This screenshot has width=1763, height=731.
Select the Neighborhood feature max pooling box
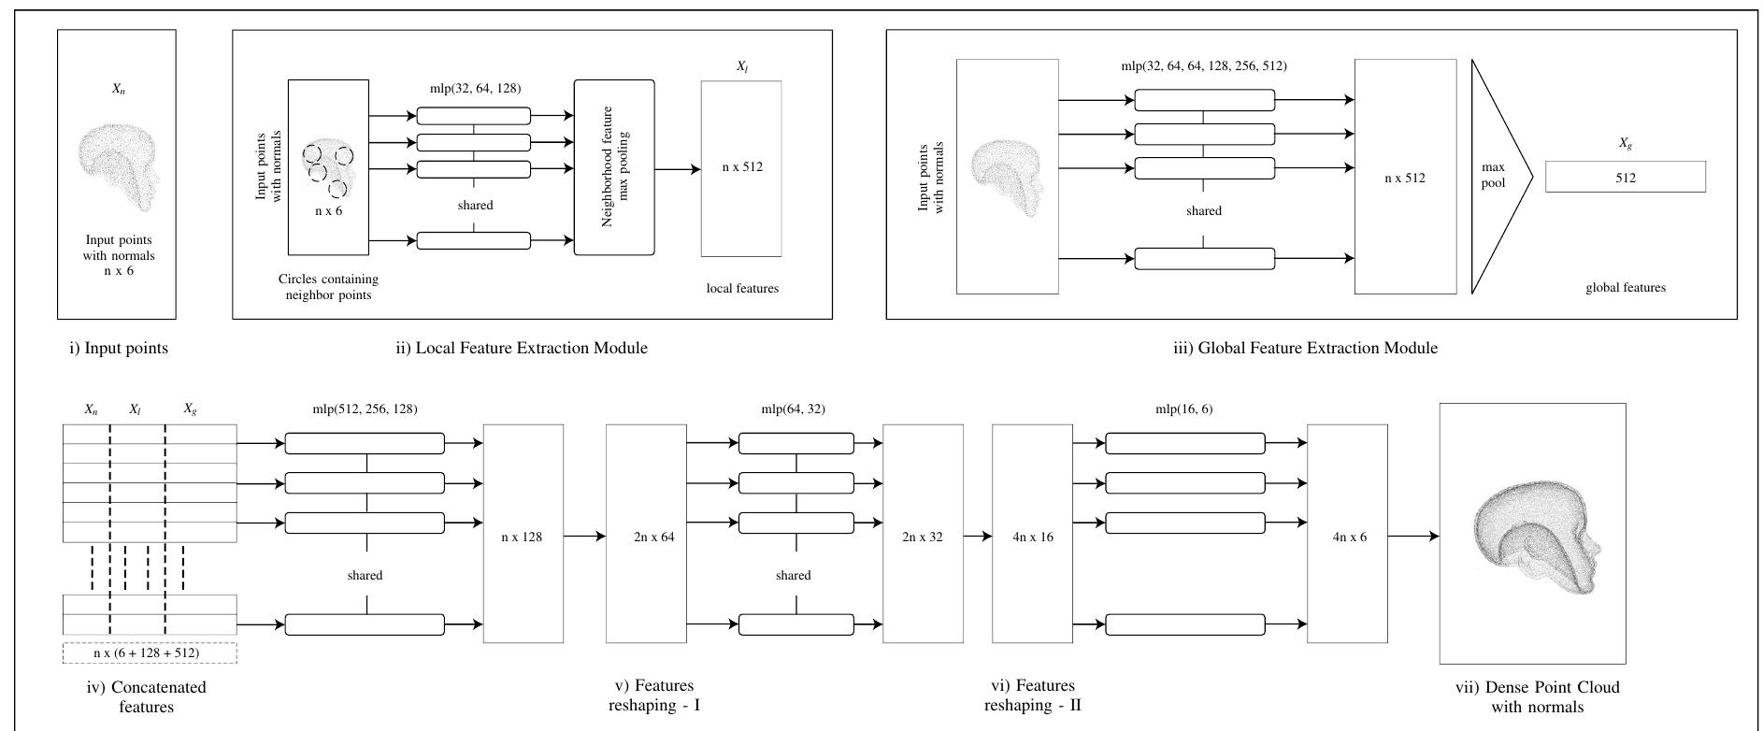pos(613,167)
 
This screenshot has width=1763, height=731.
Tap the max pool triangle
pos(1496,177)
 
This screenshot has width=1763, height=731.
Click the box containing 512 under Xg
pos(1625,178)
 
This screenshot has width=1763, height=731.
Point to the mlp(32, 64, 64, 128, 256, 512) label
pos(1203,66)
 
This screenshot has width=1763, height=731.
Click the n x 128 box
pos(523,537)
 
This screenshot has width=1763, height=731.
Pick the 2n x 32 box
pos(922,537)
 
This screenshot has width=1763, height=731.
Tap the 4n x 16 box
pos(1032,537)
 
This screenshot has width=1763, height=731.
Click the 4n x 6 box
pos(1346,537)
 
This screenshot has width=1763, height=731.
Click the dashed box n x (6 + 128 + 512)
pos(150,652)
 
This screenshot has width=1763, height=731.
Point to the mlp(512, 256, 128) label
pos(365,409)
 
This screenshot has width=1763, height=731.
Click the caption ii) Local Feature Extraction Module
pos(522,348)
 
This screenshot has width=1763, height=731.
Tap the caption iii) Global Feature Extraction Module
pos(1305,348)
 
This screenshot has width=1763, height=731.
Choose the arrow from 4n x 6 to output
pos(1413,537)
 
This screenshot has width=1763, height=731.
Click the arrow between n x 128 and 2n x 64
pos(584,537)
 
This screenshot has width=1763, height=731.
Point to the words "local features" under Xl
pos(742,289)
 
